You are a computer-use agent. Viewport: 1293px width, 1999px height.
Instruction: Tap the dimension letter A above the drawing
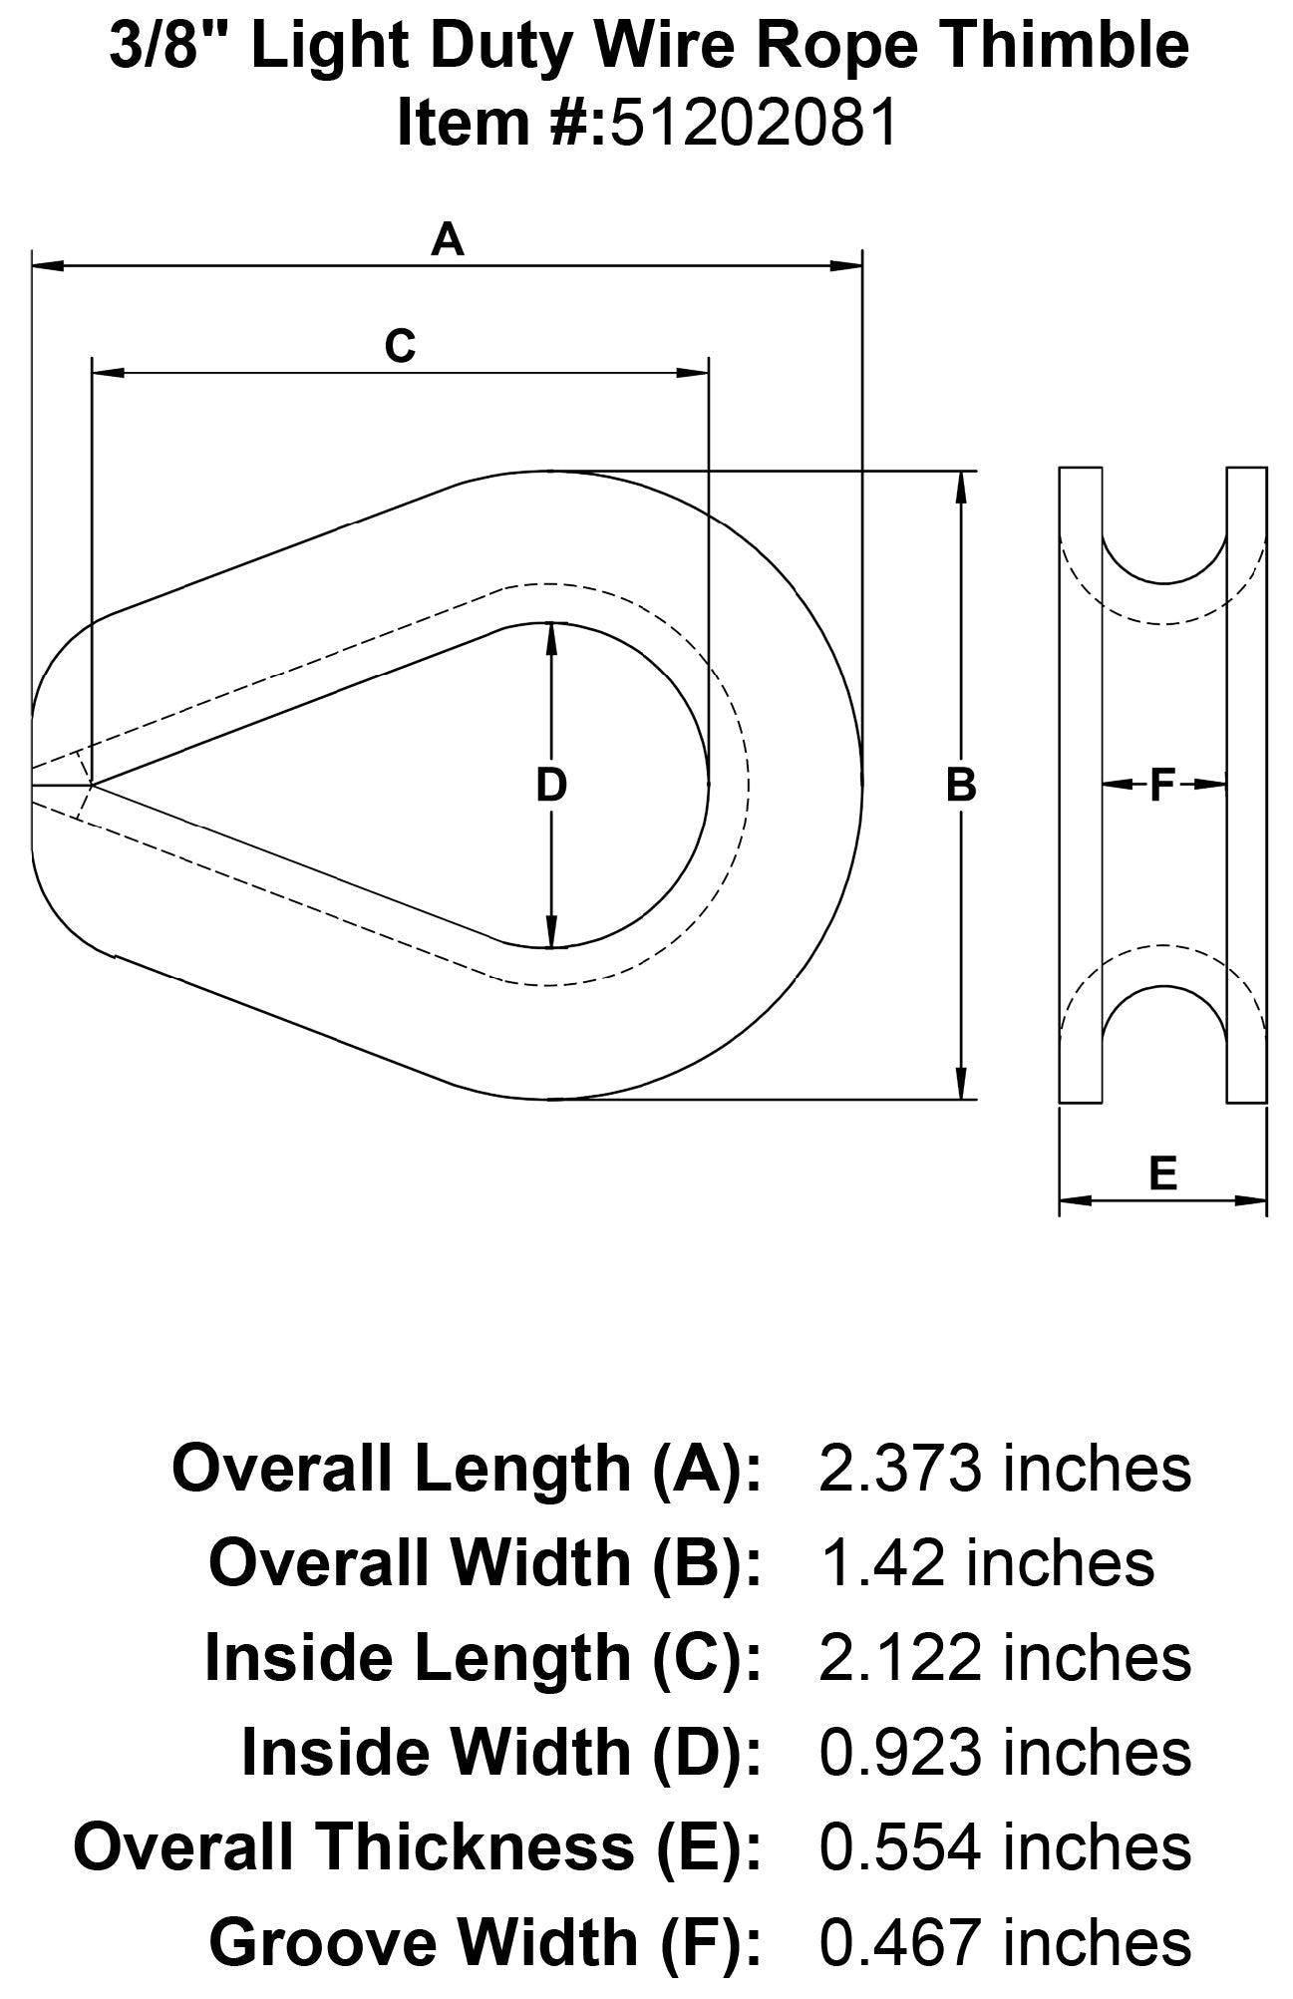click(448, 240)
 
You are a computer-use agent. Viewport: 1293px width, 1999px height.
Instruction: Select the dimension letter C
click(400, 346)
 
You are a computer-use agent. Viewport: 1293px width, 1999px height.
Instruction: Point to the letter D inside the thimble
click(551, 786)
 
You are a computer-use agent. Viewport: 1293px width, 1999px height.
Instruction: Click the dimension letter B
click(960, 786)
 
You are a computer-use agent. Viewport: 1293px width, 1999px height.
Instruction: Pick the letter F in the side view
click(1162, 786)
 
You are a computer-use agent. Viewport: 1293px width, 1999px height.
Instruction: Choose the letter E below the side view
click(1162, 1173)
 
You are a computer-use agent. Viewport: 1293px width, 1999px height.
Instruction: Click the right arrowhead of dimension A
click(847, 265)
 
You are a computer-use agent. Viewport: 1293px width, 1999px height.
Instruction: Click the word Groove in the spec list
click(319, 1942)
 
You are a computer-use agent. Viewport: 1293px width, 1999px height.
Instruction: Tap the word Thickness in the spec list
click(479, 1847)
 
